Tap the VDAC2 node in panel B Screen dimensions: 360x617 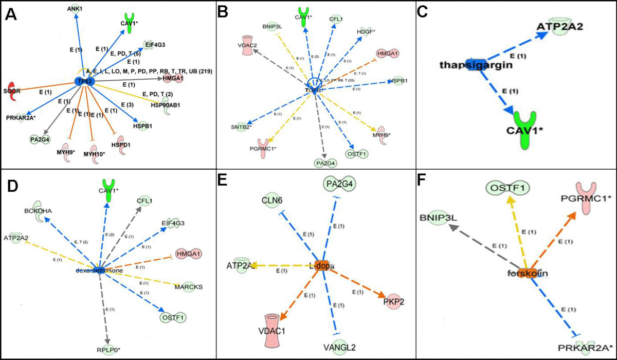247,44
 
